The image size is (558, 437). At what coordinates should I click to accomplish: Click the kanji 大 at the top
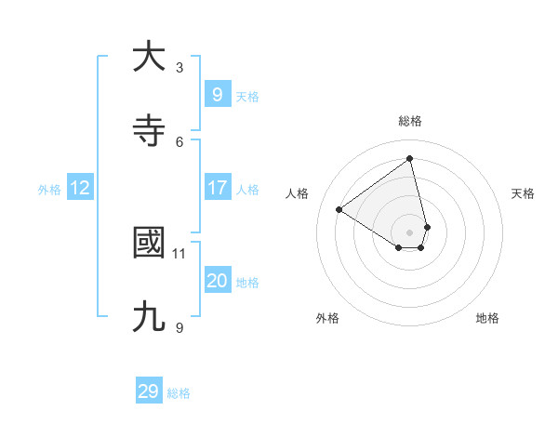[x=149, y=58]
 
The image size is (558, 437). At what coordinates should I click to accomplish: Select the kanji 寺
[x=149, y=132]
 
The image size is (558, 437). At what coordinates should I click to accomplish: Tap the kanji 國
[x=149, y=244]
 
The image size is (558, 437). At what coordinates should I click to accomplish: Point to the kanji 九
[x=149, y=318]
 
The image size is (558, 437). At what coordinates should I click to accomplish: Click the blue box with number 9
[x=217, y=94]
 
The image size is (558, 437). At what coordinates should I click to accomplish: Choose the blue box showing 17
[x=217, y=188]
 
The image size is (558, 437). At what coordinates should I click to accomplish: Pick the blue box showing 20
[x=217, y=281]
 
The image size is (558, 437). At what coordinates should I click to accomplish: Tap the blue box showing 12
[x=79, y=188]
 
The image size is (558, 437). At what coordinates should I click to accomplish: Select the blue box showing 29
[x=148, y=391]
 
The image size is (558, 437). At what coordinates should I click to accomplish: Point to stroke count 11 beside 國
[x=179, y=253]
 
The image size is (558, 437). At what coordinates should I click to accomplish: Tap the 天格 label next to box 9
[x=247, y=96]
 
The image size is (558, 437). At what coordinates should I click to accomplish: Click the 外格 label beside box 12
[x=49, y=190]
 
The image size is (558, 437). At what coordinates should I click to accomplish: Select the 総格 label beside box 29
[x=179, y=393]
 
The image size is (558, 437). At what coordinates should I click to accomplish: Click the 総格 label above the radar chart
[x=410, y=121]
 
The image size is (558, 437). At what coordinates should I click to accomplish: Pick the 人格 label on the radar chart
[x=298, y=193]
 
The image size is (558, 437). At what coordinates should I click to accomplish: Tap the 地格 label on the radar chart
[x=487, y=318]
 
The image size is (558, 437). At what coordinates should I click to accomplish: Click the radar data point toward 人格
[x=339, y=209]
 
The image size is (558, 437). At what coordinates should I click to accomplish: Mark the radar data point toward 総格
[x=410, y=158]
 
